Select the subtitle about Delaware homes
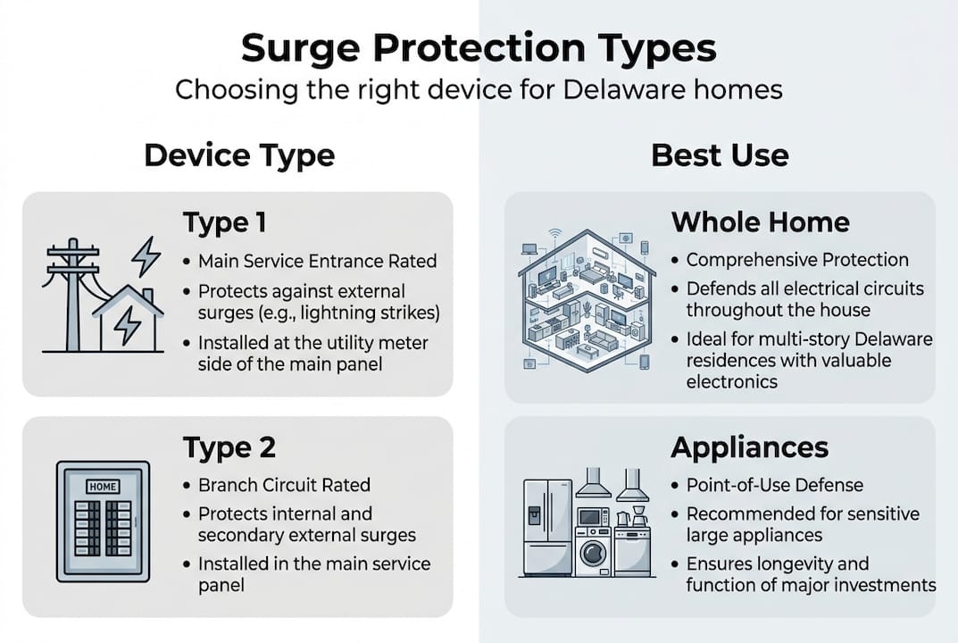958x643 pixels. click(479, 90)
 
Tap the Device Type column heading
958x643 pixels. click(239, 155)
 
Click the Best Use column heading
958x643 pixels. click(720, 155)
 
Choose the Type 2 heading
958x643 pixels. click(229, 447)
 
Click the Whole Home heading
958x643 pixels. click(760, 221)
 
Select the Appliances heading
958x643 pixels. click(749, 447)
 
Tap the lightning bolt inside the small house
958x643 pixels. click(128, 326)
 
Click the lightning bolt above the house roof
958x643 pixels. click(146, 257)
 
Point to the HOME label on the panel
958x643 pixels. click(103, 488)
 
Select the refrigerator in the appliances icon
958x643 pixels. click(546, 527)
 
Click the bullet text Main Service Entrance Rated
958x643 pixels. click(317, 262)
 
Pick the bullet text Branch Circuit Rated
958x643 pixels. click(284, 485)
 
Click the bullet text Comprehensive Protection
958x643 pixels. click(796, 260)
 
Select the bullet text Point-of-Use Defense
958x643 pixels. click(774, 485)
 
